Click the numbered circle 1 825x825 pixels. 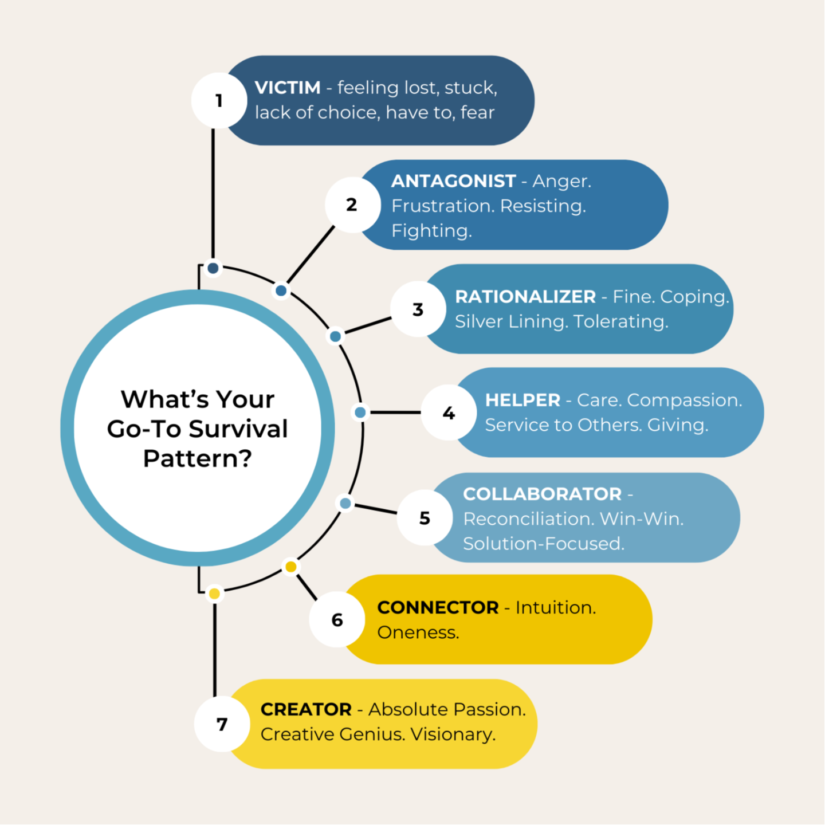click(x=219, y=101)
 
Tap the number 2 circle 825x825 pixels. click(x=352, y=205)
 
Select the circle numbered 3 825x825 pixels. click(x=418, y=309)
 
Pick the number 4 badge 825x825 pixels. click(x=449, y=412)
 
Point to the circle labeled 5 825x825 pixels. click(x=425, y=518)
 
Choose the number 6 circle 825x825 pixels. click(x=337, y=620)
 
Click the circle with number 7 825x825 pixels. click(x=222, y=725)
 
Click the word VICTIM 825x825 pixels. click(x=288, y=88)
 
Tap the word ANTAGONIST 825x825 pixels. click(x=453, y=181)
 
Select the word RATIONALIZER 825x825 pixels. click(x=525, y=297)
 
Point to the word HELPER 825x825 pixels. click(x=522, y=400)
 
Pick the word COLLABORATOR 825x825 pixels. click(x=542, y=494)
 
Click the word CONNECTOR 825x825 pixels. click(x=438, y=607)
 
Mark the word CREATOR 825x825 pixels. click(x=306, y=709)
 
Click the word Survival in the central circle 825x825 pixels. click(x=238, y=429)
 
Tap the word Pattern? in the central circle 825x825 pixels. click(x=198, y=458)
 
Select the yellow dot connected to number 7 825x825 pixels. click(x=215, y=594)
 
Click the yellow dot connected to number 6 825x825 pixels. click(x=291, y=567)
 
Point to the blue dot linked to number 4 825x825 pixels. click(x=360, y=412)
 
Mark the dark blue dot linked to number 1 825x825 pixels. click(x=213, y=268)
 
